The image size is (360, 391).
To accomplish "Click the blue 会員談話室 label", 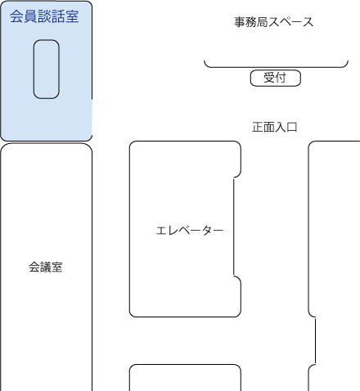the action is click(x=44, y=16).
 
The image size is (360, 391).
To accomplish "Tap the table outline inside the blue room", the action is click(x=34, y=69).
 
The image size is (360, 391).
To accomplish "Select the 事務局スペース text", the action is click(x=274, y=22).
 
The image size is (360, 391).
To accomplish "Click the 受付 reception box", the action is click(x=276, y=78).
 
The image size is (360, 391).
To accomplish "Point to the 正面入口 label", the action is click(x=275, y=128).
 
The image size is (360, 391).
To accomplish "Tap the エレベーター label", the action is click(x=190, y=231).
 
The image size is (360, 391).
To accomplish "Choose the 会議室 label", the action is click(x=46, y=267).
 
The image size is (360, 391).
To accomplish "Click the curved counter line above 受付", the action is click(x=276, y=67).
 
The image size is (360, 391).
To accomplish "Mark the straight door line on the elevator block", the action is click(x=234, y=227).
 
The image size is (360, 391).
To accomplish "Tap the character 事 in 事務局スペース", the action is click(x=240, y=22).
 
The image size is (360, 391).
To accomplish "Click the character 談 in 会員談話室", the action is click(x=44, y=16).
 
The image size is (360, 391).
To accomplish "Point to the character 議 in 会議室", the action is click(x=46, y=267).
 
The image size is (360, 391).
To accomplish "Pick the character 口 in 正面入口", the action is click(x=292, y=128).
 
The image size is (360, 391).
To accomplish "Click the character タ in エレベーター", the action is click(x=207, y=231).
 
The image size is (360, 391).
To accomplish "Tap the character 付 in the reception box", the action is click(x=281, y=78).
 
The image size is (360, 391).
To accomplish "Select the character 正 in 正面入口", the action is click(x=258, y=128).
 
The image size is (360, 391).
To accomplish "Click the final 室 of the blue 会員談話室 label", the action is click(x=72, y=16).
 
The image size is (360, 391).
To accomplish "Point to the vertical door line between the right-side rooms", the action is click(x=316, y=341).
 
